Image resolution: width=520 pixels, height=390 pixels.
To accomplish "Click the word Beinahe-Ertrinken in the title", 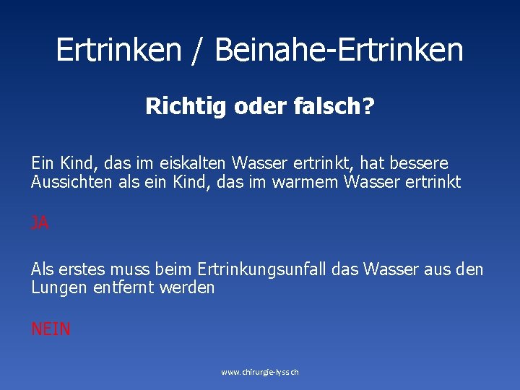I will point(339,50).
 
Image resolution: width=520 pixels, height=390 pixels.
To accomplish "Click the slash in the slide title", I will point(194,50).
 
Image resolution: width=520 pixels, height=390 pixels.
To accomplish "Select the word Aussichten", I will point(69,182).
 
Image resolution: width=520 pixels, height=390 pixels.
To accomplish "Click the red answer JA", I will point(40,224).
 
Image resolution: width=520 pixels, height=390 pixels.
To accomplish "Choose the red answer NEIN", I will point(51,329).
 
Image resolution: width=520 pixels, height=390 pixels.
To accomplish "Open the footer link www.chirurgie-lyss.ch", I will point(259,372).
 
